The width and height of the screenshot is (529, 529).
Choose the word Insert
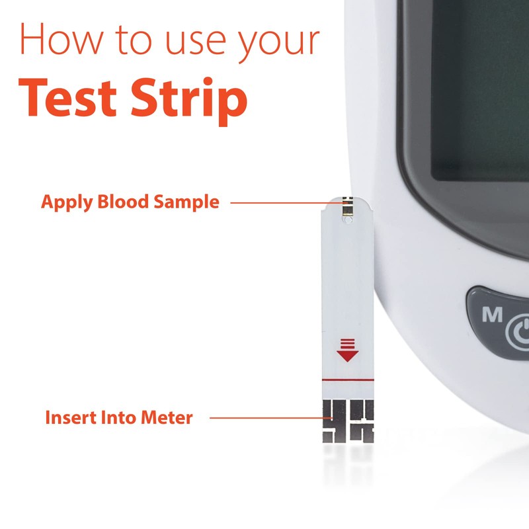[x=69, y=418]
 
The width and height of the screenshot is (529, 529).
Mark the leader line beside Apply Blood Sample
[x=278, y=202]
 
